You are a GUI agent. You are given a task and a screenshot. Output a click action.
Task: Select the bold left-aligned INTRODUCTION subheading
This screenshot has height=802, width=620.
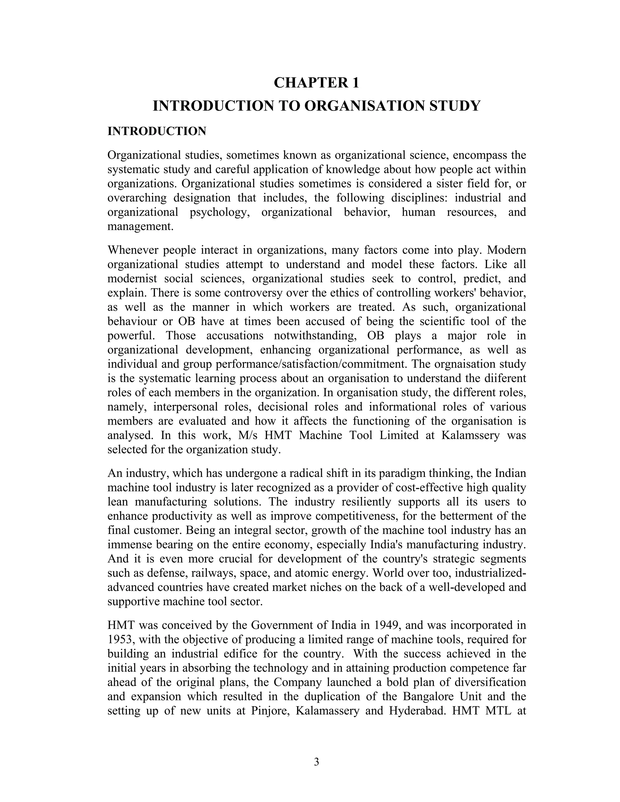pyautogui.click(x=157, y=131)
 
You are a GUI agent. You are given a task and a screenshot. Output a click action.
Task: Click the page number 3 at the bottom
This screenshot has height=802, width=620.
pyautogui.click(x=316, y=762)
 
